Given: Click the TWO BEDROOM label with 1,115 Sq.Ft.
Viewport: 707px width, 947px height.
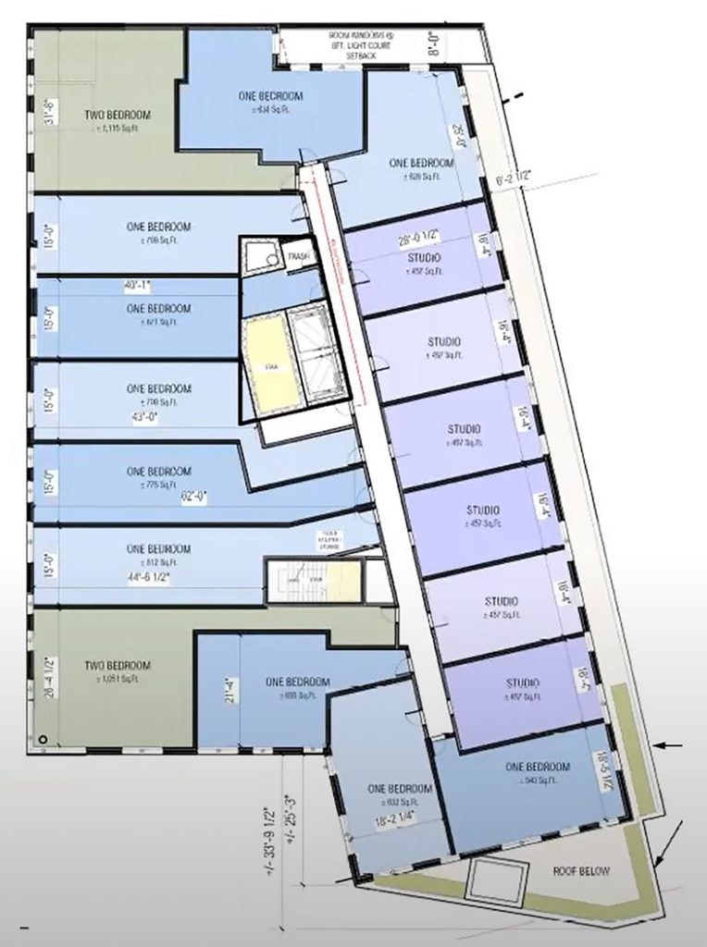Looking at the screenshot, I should pyautogui.click(x=117, y=116).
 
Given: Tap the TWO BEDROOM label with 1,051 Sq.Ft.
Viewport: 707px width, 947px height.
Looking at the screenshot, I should pyautogui.click(x=117, y=666).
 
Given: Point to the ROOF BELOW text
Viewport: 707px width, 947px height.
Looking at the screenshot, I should pyautogui.click(x=578, y=870).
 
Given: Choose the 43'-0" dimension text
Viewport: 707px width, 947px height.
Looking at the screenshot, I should pyautogui.click(x=146, y=417).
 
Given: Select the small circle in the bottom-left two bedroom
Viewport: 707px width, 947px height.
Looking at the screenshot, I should pyautogui.click(x=43, y=737).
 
